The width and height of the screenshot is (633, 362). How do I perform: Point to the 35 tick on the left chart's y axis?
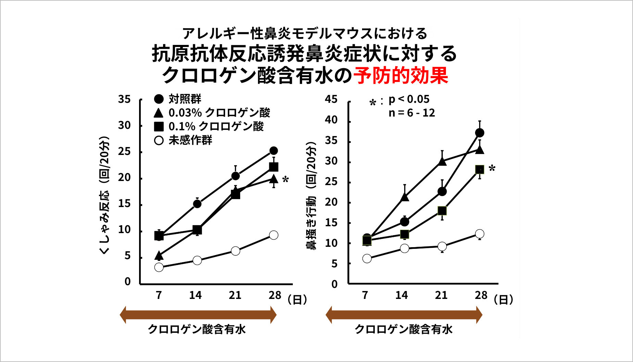click(124, 99)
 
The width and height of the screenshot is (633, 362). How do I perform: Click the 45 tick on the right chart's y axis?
click(331, 99)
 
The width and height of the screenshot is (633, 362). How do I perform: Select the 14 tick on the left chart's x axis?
click(196, 295)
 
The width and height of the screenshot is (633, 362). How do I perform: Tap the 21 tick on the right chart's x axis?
click(441, 295)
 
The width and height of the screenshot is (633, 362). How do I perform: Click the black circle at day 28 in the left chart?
click(274, 150)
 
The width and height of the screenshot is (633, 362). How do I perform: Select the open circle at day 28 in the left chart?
click(274, 235)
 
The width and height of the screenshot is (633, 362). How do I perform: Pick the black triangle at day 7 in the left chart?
click(159, 255)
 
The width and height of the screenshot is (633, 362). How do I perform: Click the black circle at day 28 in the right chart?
click(480, 133)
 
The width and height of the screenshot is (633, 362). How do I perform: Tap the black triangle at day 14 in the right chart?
click(405, 197)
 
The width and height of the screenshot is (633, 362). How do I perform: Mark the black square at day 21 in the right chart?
click(442, 210)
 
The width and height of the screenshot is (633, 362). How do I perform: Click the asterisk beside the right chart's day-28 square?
click(492, 168)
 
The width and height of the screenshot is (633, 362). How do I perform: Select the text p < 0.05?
click(409, 99)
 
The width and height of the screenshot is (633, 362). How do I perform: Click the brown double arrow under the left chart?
click(198, 315)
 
